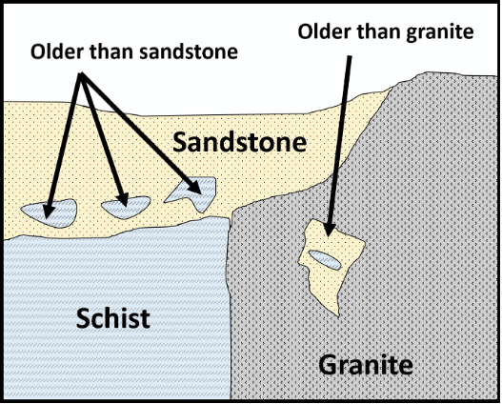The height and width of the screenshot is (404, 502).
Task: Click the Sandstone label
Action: coord(240,142)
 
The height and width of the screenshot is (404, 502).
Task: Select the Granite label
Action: coord(366,365)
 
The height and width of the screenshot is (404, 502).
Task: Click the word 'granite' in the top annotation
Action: coord(439,32)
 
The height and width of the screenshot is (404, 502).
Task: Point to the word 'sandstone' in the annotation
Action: coord(189,51)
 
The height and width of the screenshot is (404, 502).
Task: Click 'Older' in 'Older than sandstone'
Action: coord(56,51)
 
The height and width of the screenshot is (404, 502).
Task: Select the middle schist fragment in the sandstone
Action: coord(126,207)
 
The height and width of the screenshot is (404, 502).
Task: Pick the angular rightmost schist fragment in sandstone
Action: coord(193,192)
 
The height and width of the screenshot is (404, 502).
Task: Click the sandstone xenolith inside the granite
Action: coord(331,262)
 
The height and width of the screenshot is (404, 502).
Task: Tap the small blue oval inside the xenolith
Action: coord(324,259)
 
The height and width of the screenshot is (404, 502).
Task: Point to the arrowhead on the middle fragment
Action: coord(123,200)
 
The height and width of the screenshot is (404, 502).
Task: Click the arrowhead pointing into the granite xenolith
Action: coord(330,229)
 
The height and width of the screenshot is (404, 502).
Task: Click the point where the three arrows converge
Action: coord(81,74)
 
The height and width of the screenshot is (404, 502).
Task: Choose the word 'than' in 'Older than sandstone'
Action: coord(110,51)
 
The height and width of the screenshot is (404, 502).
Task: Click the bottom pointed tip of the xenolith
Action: coord(338,316)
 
